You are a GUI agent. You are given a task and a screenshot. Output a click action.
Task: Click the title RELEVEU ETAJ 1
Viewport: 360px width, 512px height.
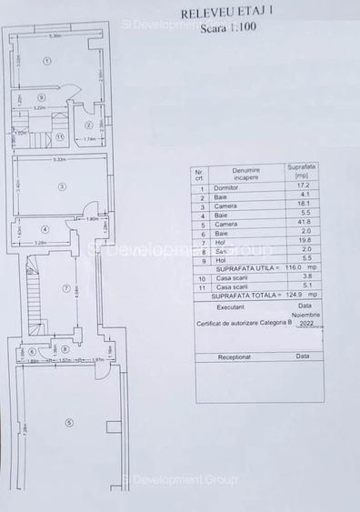(x=219, y=15)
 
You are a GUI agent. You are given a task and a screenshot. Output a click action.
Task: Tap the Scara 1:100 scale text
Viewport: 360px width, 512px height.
(x=219, y=28)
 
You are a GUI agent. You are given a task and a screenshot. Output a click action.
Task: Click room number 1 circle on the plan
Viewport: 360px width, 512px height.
(x=46, y=60)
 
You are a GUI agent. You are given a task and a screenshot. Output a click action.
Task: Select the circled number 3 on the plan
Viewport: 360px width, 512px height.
(x=61, y=187)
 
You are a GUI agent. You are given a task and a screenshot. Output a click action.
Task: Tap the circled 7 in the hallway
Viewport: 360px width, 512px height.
(x=66, y=288)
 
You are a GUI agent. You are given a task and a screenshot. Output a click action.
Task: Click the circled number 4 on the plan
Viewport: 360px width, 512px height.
(x=44, y=229)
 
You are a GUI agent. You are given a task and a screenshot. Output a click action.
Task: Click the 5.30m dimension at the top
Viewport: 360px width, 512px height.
(x=55, y=37)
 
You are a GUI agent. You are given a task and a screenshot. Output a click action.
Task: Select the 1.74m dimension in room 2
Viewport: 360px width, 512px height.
(x=90, y=138)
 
